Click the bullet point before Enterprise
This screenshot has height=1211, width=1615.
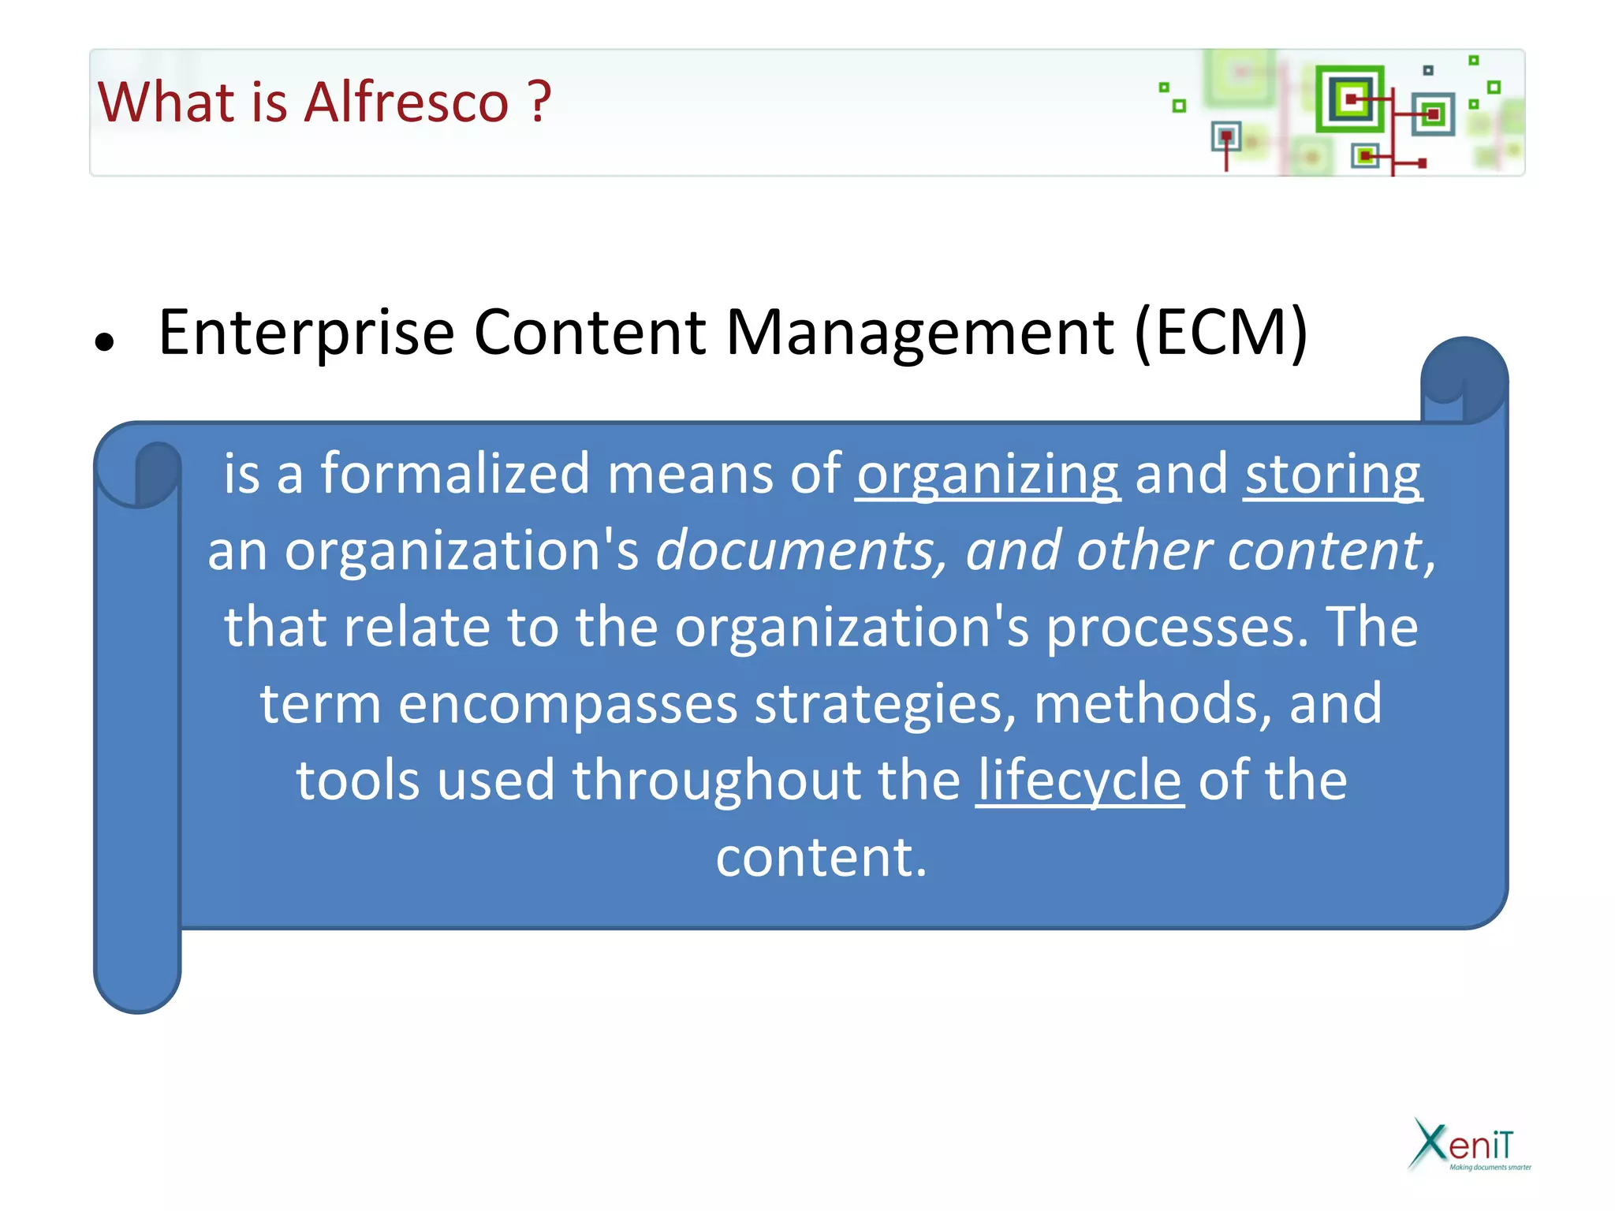104,342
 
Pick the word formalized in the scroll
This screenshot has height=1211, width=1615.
454,474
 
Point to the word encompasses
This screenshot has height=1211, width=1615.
568,703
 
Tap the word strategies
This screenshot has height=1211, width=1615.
885,703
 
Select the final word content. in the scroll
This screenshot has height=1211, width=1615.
821,857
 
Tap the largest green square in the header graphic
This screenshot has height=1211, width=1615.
1350,99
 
